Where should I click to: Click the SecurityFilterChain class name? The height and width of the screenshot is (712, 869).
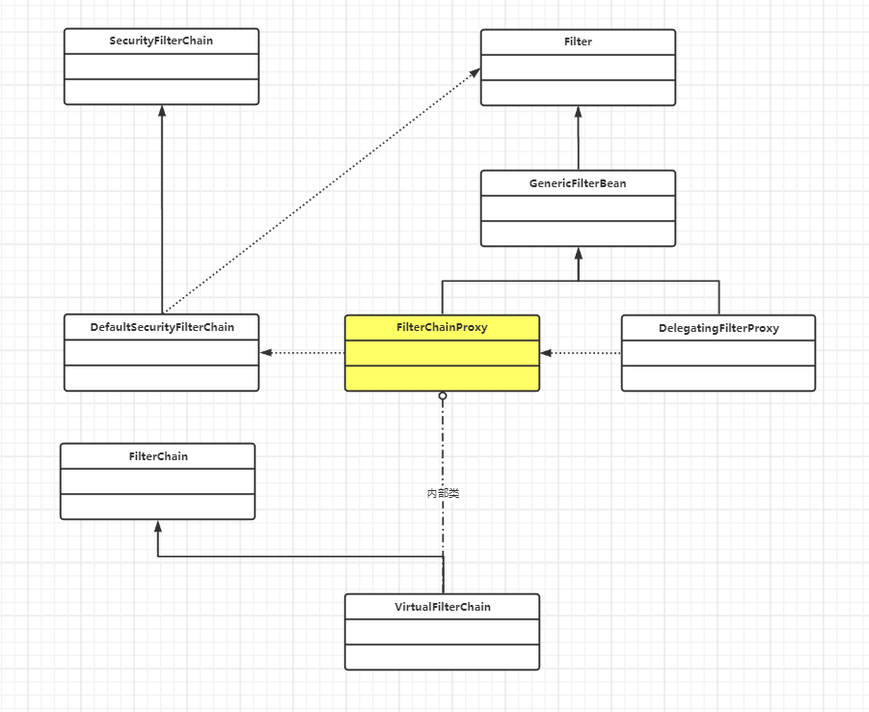point(161,41)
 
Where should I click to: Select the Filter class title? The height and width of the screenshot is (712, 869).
point(578,41)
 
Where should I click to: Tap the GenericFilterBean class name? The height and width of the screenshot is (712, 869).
point(578,183)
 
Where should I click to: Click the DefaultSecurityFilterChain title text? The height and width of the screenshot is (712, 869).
point(162,327)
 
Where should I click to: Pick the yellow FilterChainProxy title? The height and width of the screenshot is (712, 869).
point(442,327)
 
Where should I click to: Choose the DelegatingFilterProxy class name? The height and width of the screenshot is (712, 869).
point(719,328)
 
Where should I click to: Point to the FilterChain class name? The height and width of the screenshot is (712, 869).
point(158,455)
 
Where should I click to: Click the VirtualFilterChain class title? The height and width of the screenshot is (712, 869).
point(443,607)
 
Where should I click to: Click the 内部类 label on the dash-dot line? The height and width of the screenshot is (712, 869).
point(443,493)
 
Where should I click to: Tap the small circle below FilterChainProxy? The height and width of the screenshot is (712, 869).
point(443,396)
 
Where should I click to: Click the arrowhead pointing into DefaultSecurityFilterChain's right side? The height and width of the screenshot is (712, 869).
point(266,353)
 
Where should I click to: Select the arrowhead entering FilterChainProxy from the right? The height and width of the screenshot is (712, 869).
point(546,353)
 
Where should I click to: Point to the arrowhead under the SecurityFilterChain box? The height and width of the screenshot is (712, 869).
point(162,110)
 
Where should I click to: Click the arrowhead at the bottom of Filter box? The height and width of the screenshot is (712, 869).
point(578,111)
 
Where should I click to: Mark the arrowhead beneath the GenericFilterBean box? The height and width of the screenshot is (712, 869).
point(578,253)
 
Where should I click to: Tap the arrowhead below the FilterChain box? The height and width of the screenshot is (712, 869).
point(158,526)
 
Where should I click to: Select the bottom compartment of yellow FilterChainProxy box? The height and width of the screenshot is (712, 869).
point(442,378)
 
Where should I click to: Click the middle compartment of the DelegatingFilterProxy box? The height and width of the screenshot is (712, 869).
point(719,353)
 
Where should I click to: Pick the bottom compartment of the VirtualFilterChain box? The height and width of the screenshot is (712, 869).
point(443,657)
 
